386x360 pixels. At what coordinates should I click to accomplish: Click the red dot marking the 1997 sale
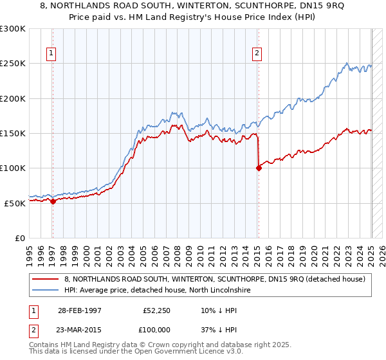pyautogui.click(x=53, y=201)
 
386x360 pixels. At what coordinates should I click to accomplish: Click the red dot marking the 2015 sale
pyautogui.click(x=259, y=168)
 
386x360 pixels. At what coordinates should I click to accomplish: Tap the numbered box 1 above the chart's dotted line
pyautogui.click(x=51, y=54)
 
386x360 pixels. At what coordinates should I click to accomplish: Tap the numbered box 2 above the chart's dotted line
pyautogui.click(x=257, y=54)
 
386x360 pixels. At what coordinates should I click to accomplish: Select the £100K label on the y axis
pyautogui.click(x=14, y=168)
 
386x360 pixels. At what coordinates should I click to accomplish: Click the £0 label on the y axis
pyautogui.click(x=19, y=238)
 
